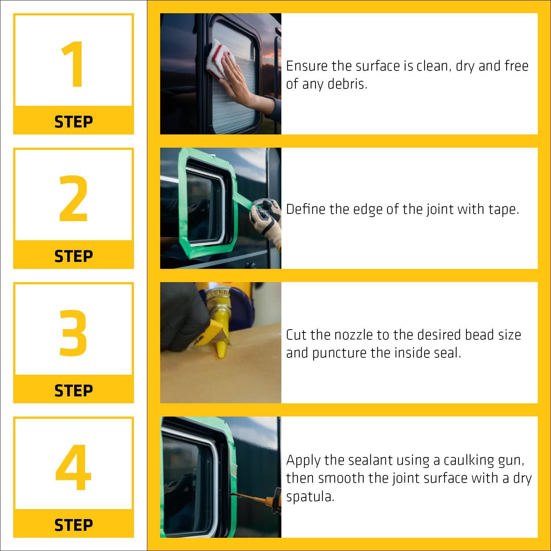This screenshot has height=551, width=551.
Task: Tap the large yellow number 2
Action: (x=73, y=198)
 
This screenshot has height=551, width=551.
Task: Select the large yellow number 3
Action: (x=73, y=333)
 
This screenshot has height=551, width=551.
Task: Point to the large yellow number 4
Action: (x=73, y=467)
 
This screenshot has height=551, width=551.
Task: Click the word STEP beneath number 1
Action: (x=73, y=122)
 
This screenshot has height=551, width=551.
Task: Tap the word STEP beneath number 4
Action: (x=73, y=525)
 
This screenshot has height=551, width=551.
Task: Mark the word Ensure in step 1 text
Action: (x=307, y=66)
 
